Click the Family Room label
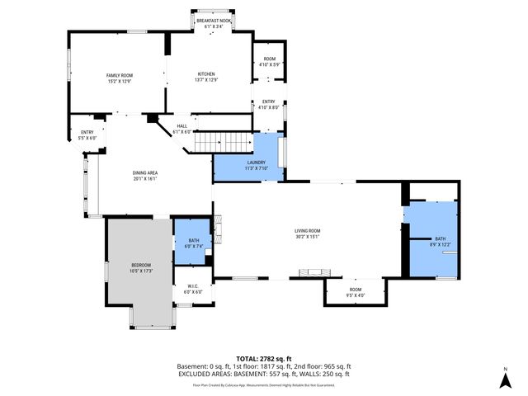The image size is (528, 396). coord(120,78)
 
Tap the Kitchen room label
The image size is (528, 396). coord(206,77)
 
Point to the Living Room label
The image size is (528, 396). coord(308,233)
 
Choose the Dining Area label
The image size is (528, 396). coord(144,175)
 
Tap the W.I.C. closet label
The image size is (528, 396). coord(192,289)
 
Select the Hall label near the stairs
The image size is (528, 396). coord(182,129)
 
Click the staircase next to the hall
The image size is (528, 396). coord(223,143)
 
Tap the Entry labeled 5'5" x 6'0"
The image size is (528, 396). coord(87,134)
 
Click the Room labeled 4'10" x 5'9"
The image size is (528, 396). coord(269,61)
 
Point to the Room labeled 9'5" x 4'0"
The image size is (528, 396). coord(355,292)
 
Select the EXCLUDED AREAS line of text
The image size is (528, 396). coord(263,374)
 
